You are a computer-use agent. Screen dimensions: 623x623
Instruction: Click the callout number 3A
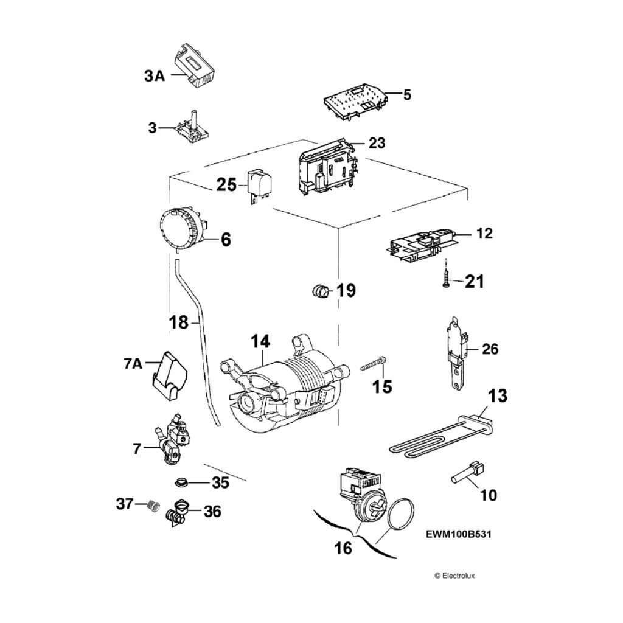tap(155, 76)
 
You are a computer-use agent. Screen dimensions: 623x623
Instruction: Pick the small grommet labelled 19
tap(321, 291)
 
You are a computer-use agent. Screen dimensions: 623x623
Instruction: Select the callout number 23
tap(377, 143)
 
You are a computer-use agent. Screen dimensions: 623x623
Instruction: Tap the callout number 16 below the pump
tap(343, 548)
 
